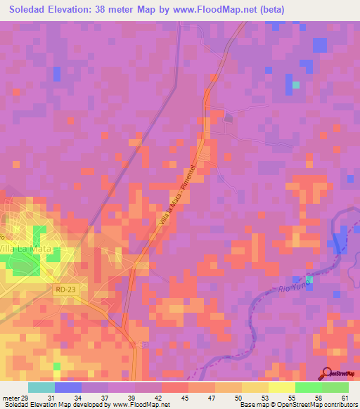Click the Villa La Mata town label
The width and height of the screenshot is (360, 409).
click(27, 249)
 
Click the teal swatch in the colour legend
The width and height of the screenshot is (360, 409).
click(41, 387)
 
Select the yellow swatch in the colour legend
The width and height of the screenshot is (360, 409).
click(281, 387)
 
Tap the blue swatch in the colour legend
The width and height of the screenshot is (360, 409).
click(68, 387)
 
